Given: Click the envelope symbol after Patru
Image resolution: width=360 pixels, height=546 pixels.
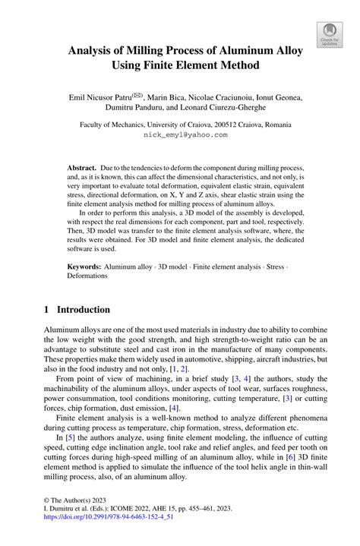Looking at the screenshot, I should [x=139, y=95].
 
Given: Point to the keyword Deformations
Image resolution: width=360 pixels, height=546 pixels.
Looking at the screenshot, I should [x=87, y=278].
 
